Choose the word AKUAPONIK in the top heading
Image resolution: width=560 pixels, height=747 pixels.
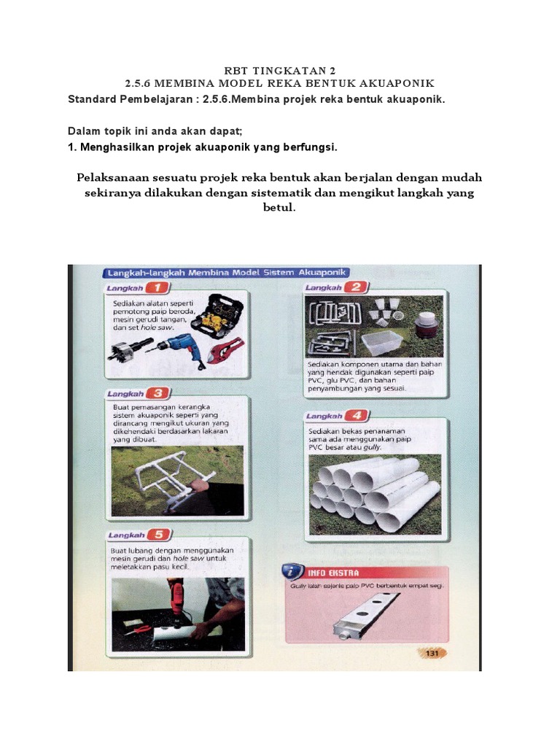[x=397, y=83]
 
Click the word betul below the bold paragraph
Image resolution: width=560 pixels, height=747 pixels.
[x=280, y=208]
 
